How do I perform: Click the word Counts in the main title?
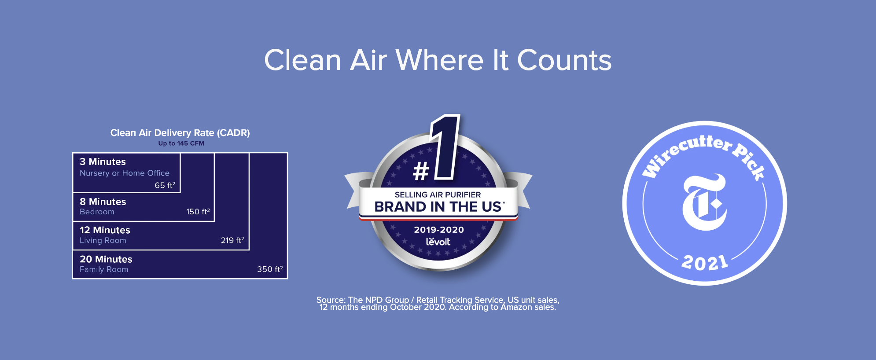(x=564, y=60)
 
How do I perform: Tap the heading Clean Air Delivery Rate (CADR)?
(x=180, y=133)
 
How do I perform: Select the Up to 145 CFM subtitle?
(x=181, y=143)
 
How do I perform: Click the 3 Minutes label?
(x=103, y=162)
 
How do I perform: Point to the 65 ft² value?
(x=165, y=185)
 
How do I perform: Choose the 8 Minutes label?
(x=103, y=202)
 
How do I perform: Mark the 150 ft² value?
(x=198, y=212)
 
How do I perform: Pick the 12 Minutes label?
(x=105, y=230)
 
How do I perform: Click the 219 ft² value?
(x=232, y=240)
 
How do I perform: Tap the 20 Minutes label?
(x=106, y=259)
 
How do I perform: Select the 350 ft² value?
(x=270, y=269)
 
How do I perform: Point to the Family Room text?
(x=104, y=269)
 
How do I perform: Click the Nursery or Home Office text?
(x=125, y=173)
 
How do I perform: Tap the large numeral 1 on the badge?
(x=446, y=147)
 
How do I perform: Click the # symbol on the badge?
(x=421, y=171)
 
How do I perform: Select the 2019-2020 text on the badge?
(x=439, y=230)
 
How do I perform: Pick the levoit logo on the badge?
(x=438, y=242)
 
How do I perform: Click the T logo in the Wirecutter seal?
(x=704, y=202)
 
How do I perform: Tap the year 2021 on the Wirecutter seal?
(x=705, y=263)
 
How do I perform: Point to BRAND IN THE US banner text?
(x=438, y=207)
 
